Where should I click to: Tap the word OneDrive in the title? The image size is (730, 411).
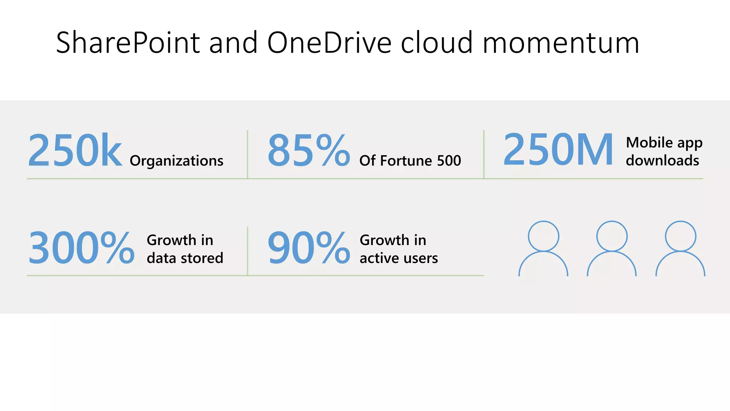click(x=329, y=43)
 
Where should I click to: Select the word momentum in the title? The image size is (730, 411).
click(x=561, y=43)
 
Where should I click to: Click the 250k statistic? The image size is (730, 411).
click(x=75, y=150)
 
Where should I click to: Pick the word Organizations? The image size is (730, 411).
click(x=176, y=161)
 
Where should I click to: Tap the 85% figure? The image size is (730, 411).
click(x=309, y=150)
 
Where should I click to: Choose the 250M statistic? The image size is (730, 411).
click(x=558, y=149)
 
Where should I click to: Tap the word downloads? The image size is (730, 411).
click(x=662, y=161)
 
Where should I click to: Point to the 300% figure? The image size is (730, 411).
click(x=81, y=248)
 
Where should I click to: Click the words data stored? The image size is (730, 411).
click(x=185, y=258)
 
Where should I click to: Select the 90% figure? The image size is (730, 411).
click(x=309, y=248)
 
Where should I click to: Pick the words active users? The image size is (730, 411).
click(x=399, y=258)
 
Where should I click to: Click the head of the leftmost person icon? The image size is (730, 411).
click(x=543, y=236)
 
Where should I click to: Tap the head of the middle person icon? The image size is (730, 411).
click(x=612, y=236)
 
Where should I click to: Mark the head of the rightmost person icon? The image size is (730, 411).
click(x=680, y=236)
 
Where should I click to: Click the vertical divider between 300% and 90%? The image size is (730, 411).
click(x=247, y=251)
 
